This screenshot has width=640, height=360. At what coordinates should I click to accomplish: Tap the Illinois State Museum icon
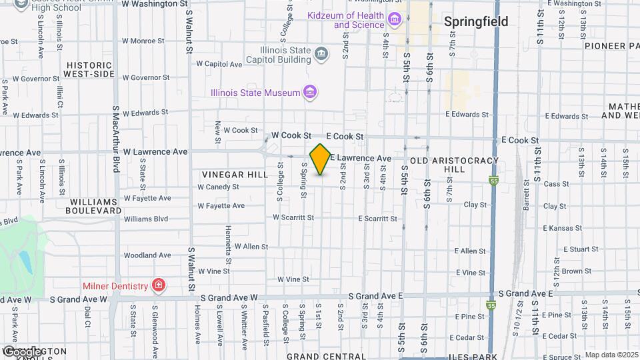[x=309, y=92]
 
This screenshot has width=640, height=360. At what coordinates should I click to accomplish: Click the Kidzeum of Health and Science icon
[x=394, y=20]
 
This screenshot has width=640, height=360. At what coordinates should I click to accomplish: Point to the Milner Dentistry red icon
[x=159, y=287]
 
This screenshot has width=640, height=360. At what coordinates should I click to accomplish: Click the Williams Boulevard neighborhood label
[x=91, y=205]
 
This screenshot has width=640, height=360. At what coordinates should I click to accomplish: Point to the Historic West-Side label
[x=91, y=69]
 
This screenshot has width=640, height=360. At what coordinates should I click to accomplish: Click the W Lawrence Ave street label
[x=155, y=151]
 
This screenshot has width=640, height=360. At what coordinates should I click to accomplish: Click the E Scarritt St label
[x=377, y=219]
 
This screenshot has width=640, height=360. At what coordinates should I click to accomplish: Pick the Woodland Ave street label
[x=147, y=255]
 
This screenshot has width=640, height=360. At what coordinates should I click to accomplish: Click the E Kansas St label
[x=563, y=228]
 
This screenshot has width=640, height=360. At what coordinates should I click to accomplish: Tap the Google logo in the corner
[x=21, y=351]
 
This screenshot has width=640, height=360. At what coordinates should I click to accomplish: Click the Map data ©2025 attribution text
[x=611, y=355]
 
